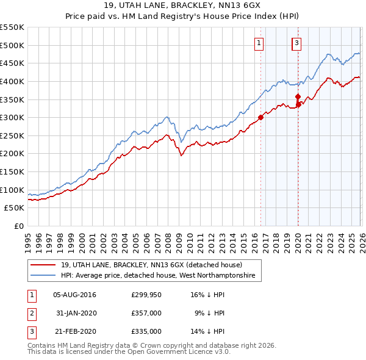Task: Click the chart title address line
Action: [x=183, y=5]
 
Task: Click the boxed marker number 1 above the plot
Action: [x=260, y=43]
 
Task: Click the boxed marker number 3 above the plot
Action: [x=296, y=43]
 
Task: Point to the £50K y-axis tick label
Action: [x=15, y=208]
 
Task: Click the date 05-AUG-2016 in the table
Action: [x=74, y=295]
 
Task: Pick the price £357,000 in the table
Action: [x=146, y=313]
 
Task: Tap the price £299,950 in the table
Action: [x=146, y=295]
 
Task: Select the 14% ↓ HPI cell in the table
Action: [x=207, y=331]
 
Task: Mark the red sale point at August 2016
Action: [x=260, y=117]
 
